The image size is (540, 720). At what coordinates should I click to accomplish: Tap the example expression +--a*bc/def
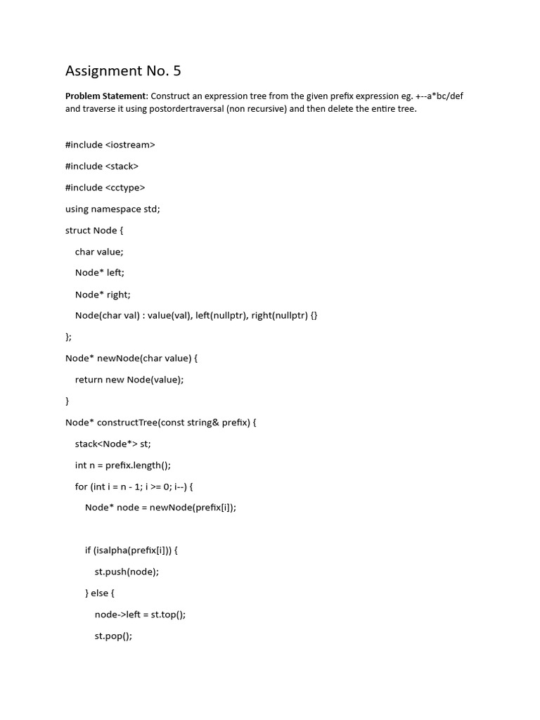tap(438, 96)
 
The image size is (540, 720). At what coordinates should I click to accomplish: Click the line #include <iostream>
tap(110, 145)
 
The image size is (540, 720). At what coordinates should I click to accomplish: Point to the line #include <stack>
tap(102, 166)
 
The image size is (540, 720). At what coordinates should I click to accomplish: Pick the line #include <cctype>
tap(105, 187)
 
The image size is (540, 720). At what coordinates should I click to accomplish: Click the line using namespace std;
tap(112, 209)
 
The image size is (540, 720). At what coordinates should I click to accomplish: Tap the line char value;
tap(99, 252)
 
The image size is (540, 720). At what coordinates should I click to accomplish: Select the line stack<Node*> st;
tap(113, 444)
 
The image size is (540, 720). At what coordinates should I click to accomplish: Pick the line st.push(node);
tap(127, 572)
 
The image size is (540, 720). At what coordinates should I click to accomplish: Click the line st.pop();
tap(113, 636)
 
